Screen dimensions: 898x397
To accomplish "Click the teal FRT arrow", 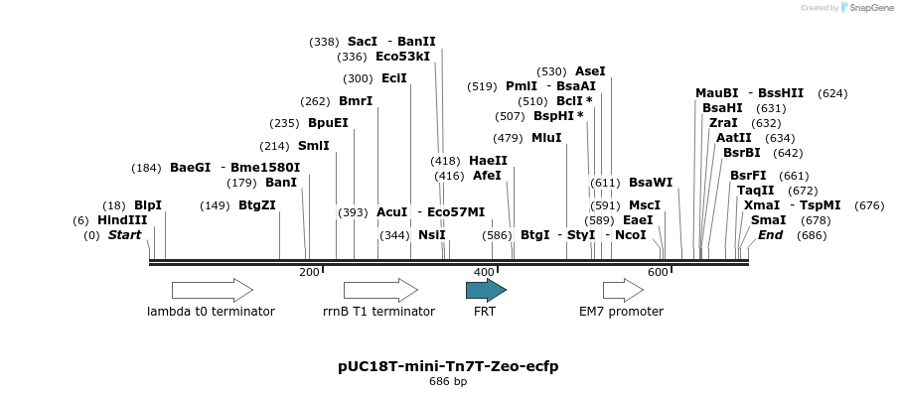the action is coord(486,290).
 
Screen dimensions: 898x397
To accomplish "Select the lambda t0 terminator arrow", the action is coord(213,290).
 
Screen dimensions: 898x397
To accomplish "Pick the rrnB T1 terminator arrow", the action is coord(380,290).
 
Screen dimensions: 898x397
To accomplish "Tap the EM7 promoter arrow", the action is coord(623,290).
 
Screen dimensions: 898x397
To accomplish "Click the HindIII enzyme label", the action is coord(122,220).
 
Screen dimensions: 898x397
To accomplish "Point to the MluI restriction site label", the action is coord(546,138).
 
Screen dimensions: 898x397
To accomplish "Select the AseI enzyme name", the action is coord(590,71).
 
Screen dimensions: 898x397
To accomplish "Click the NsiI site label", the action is coord(432,235).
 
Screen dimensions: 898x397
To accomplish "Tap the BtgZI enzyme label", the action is coord(257,205).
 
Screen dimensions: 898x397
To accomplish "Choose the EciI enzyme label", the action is coord(394,78).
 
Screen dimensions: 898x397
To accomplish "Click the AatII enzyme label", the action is coord(734,138).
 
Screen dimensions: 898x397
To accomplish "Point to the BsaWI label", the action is coord(651,183).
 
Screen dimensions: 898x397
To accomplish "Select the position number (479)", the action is coord(508,138).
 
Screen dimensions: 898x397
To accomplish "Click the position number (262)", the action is coord(316,102).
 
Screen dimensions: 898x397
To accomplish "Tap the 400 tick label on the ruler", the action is coord(484,272).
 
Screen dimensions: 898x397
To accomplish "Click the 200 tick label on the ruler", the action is coord(309,272).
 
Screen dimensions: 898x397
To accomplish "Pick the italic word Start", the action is coord(125,235).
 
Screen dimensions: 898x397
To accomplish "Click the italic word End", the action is coord(770,235).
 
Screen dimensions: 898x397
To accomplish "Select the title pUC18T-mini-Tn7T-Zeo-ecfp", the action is coord(448,366).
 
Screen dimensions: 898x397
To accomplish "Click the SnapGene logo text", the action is coord(870,7).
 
